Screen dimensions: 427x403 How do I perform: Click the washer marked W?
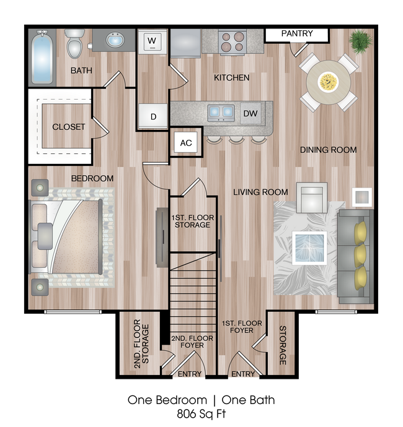tap(152, 43)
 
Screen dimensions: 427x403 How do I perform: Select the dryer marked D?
tap(153, 116)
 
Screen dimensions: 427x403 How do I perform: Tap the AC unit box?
tap(186, 143)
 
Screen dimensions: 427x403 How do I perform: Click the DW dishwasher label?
tap(250, 113)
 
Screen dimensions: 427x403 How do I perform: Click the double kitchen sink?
tap(221, 112)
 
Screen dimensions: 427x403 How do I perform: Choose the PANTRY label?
tap(297, 33)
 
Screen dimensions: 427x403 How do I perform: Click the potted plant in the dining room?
tap(360, 41)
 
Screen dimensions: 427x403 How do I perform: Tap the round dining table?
tap(329, 81)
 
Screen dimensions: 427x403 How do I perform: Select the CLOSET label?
tap(68, 127)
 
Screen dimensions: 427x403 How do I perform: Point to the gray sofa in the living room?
tap(356, 256)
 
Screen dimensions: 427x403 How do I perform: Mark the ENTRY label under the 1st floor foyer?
tap(243, 374)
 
